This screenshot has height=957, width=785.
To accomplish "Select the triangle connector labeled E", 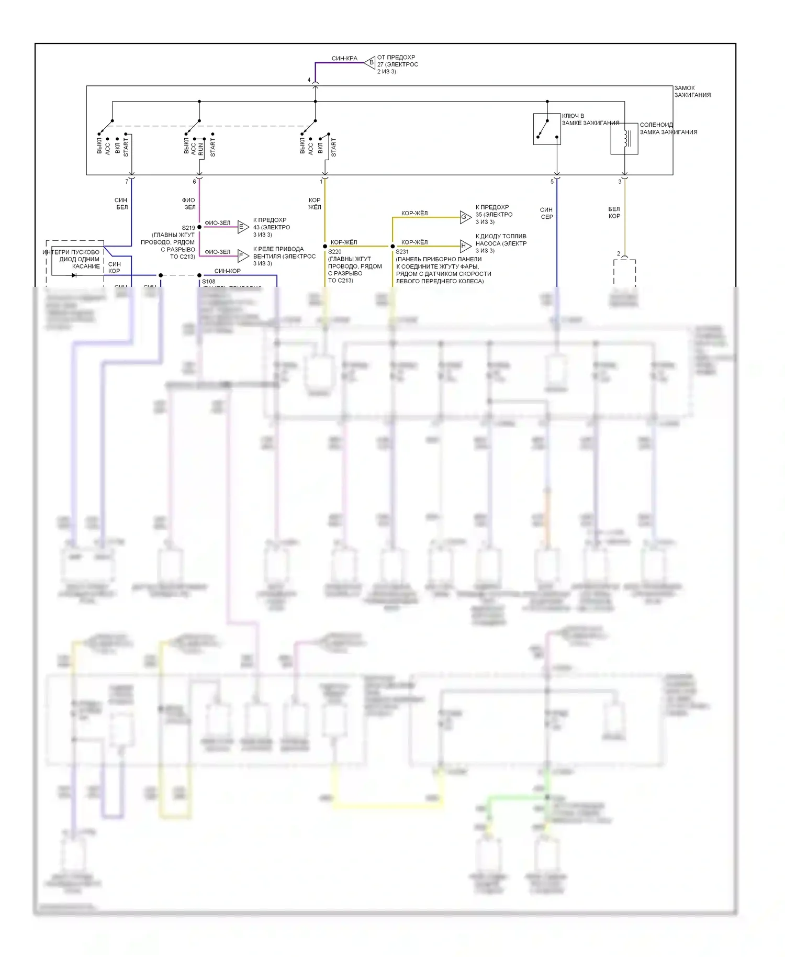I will [243, 227].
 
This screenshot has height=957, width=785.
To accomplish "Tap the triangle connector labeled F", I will [243, 255].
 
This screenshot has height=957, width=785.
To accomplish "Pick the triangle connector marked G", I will [465, 217].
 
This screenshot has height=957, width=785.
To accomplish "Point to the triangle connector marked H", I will [465, 246].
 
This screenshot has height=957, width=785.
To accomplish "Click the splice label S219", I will [188, 228].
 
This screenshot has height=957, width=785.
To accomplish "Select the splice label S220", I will [334, 252].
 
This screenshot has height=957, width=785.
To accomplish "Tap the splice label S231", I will [402, 252].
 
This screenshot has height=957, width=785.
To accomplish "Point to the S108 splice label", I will [208, 282].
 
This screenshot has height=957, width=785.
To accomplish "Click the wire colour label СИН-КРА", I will [344, 59].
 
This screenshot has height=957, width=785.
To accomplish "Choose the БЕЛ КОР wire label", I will [614, 213].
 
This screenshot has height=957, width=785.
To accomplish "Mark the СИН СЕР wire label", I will [546, 213].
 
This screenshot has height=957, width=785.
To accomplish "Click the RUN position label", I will [201, 149].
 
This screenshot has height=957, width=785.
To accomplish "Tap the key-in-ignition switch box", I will [547, 129].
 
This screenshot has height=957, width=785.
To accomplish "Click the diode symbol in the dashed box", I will [74, 275].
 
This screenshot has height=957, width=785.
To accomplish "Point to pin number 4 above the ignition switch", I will [309, 80].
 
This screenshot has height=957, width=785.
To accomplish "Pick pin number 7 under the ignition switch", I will [127, 182].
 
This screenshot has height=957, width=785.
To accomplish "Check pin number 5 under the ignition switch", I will [552, 182].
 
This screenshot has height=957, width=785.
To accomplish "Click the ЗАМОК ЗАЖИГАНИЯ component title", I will [692, 92].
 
